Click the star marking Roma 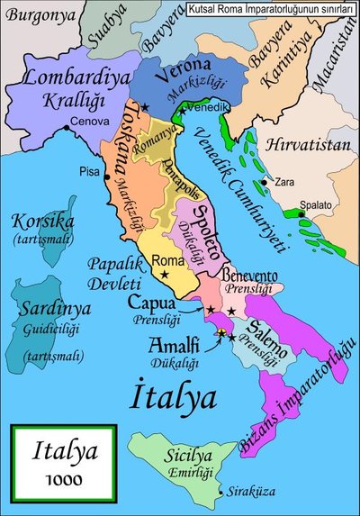click(x=164, y=274)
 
